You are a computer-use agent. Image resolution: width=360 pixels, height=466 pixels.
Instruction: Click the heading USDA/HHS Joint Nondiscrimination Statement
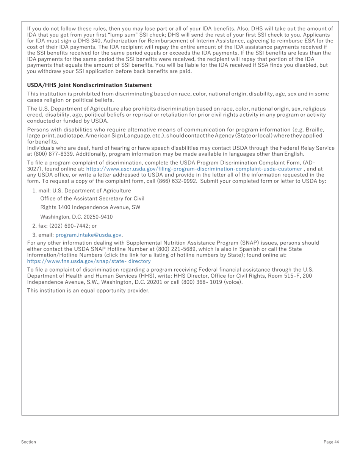pyautogui.click(x=89, y=85)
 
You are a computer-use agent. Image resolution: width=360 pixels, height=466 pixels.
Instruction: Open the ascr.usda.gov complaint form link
pyautogui.click(x=194, y=169)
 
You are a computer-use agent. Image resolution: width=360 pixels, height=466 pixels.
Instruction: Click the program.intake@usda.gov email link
pyautogui.click(x=89, y=235)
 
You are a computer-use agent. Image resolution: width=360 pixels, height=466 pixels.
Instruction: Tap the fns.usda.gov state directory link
pyautogui.click(x=89, y=261)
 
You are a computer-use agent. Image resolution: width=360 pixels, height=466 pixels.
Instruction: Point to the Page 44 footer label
pyautogui.click(x=331, y=442)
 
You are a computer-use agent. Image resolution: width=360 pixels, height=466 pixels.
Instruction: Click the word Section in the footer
pyautogui.click(x=29, y=442)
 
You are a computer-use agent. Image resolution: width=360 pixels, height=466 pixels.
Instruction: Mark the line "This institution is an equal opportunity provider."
pyautogui.click(x=88, y=291)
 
